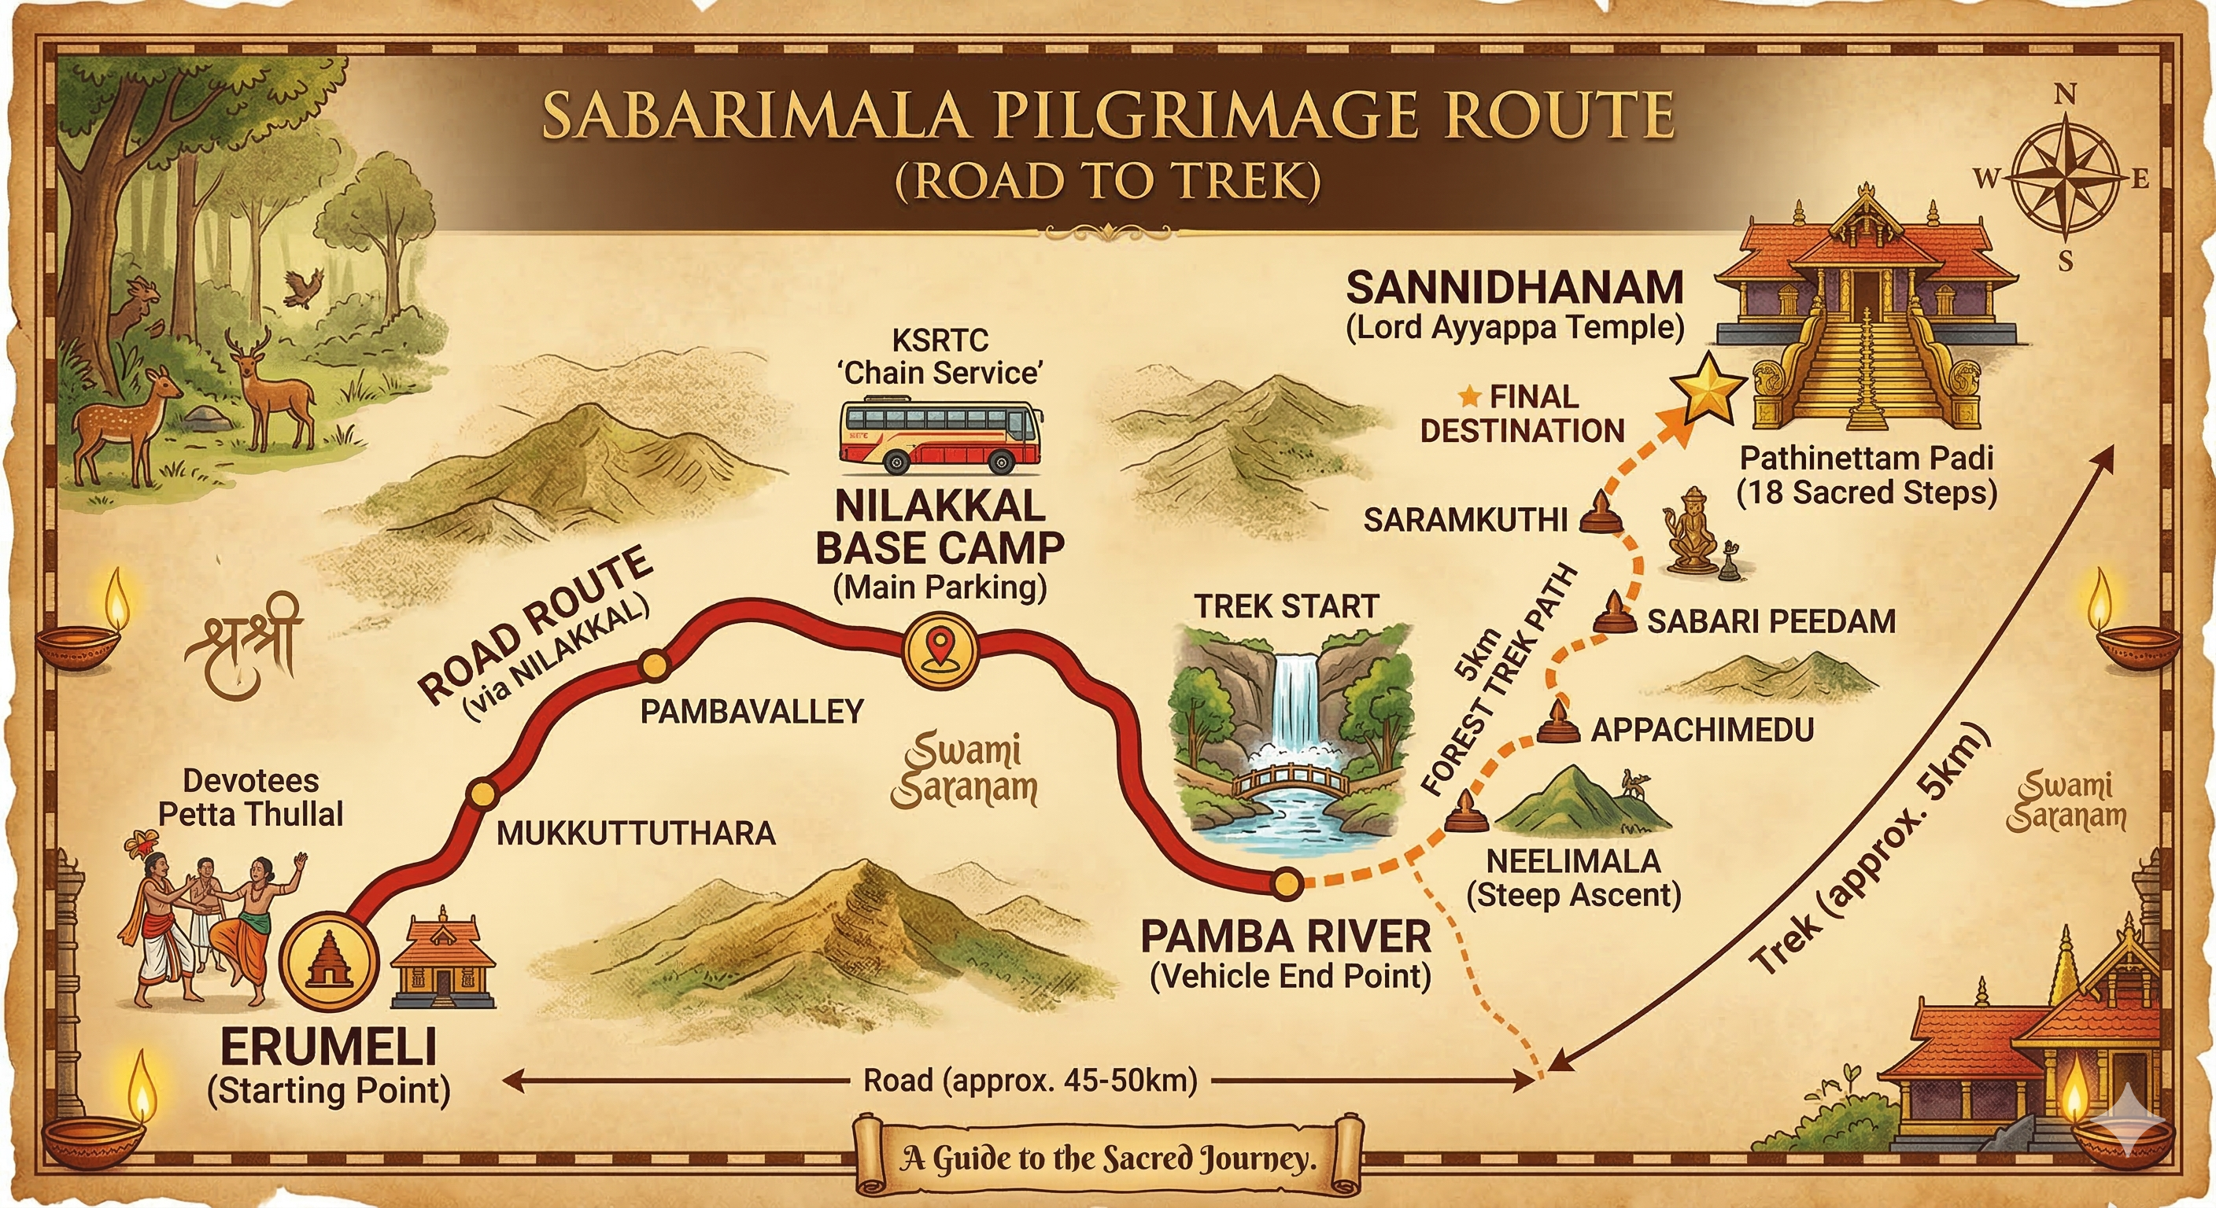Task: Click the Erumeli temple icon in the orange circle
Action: point(331,961)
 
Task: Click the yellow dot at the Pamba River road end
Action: point(1287,883)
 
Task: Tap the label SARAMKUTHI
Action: point(1465,520)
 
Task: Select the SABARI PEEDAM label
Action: point(1771,621)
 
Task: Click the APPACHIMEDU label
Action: point(1701,730)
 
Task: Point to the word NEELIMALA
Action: point(1573,860)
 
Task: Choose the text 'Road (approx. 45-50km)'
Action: point(1030,1081)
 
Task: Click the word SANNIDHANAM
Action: point(1514,287)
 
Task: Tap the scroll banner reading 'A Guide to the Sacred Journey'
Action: point(1108,1158)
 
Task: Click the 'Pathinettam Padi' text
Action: point(1866,459)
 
